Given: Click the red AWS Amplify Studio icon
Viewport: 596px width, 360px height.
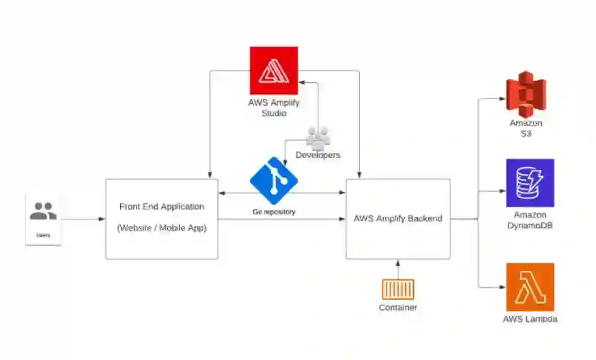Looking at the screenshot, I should (x=274, y=71).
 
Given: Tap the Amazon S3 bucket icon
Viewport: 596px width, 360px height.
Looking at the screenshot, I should (x=526, y=94).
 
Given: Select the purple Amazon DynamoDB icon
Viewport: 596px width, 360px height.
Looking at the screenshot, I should (x=530, y=183).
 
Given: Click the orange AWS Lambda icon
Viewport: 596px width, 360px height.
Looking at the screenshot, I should (x=530, y=287).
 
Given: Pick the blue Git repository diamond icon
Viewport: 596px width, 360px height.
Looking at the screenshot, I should (x=274, y=181).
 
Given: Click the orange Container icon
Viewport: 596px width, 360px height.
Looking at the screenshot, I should (x=398, y=289).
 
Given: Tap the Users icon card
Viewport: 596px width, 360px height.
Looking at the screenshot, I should (x=43, y=219).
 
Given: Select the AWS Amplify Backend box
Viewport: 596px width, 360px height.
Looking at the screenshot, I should (x=398, y=219).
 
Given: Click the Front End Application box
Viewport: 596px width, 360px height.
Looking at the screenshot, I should (x=161, y=219).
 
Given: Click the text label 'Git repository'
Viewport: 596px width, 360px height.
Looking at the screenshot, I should (x=274, y=212).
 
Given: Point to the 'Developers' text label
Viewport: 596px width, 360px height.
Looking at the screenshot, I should (x=318, y=155).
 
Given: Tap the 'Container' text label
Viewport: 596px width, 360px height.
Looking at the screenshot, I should (x=398, y=308).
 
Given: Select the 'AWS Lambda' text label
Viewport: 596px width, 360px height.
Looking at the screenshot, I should (x=530, y=319).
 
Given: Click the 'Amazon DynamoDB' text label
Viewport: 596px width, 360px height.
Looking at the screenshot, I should (x=530, y=221).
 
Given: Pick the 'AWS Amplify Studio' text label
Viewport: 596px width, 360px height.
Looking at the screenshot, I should (x=274, y=108).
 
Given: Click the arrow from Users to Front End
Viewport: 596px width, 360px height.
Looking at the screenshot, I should (x=82, y=219).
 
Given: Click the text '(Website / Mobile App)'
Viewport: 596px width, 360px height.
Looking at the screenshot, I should (x=161, y=229).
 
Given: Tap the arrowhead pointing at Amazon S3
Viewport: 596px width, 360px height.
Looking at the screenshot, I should (x=502, y=98).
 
